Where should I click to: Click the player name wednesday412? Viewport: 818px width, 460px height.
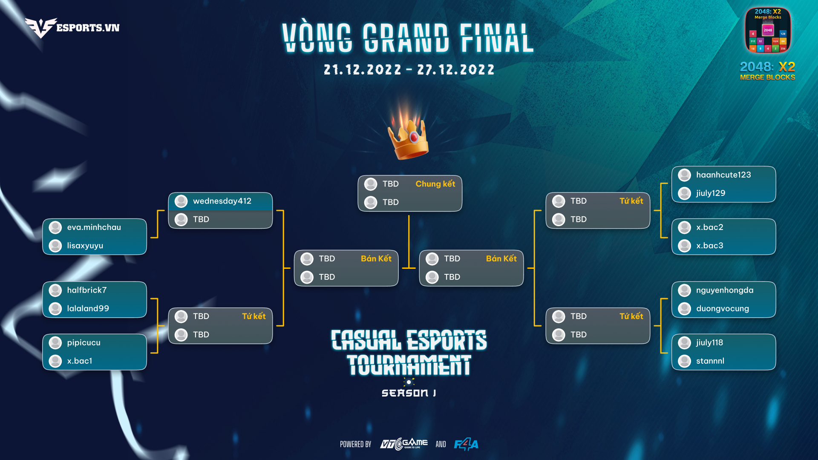[x=222, y=201]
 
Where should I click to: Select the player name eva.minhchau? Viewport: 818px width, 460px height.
[x=94, y=227]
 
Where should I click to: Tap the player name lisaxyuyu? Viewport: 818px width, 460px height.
[x=85, y=246]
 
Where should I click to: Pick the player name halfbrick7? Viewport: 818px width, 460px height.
[x=87, y=290]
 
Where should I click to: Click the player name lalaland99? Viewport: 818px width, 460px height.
[x=88, y=308]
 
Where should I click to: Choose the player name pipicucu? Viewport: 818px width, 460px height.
[x=84, y=343]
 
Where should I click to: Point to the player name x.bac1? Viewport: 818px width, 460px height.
[x=79, y=361]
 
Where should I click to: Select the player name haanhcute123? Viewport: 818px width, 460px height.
[x=723, y=175]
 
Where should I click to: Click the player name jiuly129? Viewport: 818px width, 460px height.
[x=711, y=193]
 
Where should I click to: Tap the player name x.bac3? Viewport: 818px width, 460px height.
[x=709, y=246]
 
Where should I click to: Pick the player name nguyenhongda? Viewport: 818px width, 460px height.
[x=725, y=290]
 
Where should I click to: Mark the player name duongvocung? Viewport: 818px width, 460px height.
[x=723, y=309]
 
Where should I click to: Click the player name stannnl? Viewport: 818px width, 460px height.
[x=710, y=361]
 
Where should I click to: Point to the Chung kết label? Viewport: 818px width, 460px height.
[x=435, y=184]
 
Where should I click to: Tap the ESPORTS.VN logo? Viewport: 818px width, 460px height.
[x=72, y=28]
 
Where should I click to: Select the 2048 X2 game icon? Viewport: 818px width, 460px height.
[x=768, y=30]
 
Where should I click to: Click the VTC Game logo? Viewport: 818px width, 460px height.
[x=404, y=444]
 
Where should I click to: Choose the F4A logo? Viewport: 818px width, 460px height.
[x=466, y=444]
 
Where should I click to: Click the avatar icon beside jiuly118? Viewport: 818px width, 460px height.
[x=684, y=343]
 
